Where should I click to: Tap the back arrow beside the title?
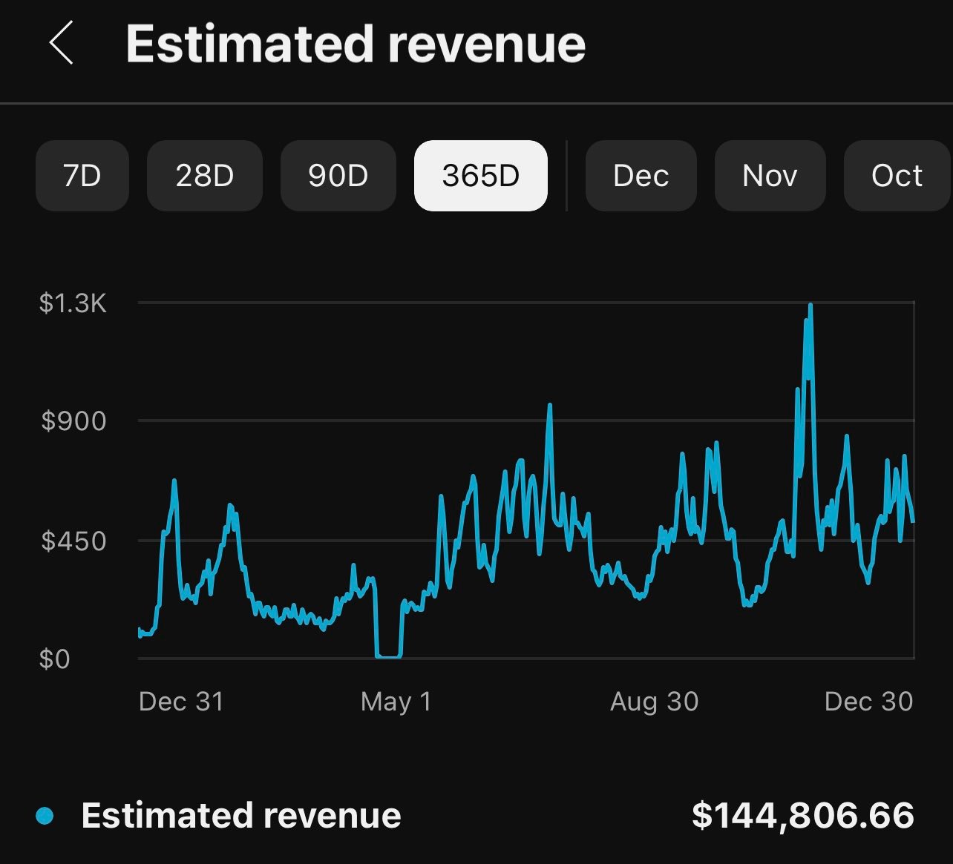click(x=62, y=43)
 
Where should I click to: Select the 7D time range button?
click(x=82, y=176)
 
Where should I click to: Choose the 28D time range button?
click(x=204, y=176)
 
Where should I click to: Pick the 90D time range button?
click(x=338, y=176)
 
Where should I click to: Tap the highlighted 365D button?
click(x=480, y=176)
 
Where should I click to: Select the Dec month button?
click(x=641, y=176)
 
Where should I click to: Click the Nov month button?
click(x=770, y=176)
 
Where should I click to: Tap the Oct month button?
click(x=897, y=176)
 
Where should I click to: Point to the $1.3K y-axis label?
click(x=73, y=303)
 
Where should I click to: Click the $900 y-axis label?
click(x=73, y=421)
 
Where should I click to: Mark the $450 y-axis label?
click(x=73, y=541)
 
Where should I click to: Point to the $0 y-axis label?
click(x=54, y=659)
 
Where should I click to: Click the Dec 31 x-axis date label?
click(x=181, y=702)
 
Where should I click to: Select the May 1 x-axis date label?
click(x=396, y=702)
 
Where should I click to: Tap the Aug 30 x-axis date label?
click(x=654, y=702)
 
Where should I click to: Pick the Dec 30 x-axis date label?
click(x=868, y=702)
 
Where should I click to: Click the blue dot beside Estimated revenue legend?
click(x=45, y=816)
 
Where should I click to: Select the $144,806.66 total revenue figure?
click(x=802, y=815)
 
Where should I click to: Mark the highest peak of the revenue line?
click(x=810, y=306)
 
